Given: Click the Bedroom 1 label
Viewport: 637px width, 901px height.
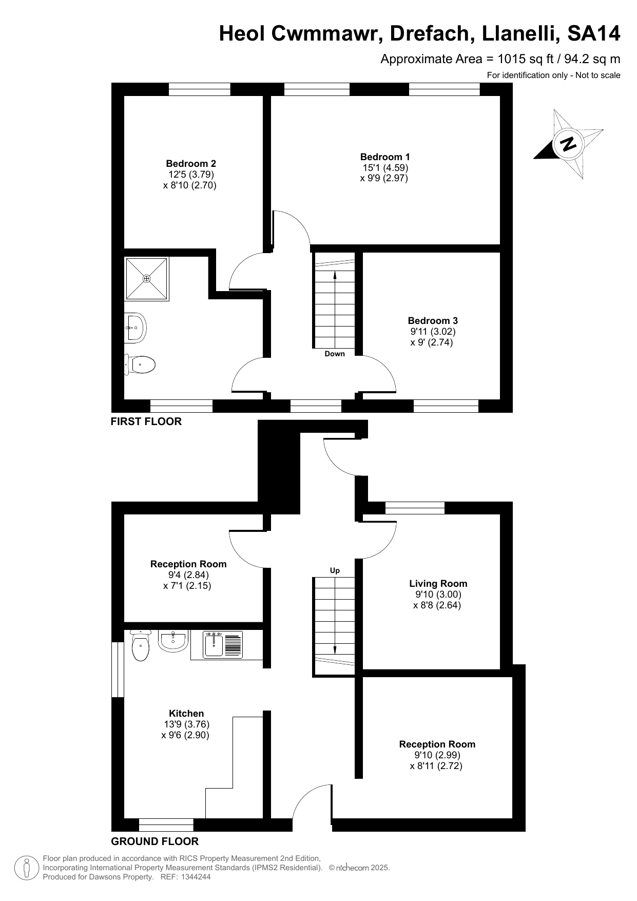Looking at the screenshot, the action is click(385, 157).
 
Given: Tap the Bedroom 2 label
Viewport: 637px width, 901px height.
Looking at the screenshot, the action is click(191, 164).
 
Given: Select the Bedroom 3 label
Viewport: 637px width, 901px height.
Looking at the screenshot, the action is click(433, 321).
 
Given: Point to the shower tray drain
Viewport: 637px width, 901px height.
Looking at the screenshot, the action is click(147, 278).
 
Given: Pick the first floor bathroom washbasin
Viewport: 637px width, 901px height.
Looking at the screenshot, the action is click(136, 328).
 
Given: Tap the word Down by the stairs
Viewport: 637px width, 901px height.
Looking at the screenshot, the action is click(335, 354).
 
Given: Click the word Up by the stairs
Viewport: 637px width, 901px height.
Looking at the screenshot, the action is click(335, 570).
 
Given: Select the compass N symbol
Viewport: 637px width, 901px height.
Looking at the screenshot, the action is click(568, 144).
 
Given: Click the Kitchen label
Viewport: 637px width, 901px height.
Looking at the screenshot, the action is click(186, 714).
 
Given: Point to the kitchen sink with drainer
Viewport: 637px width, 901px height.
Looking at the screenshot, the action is click(223, 645).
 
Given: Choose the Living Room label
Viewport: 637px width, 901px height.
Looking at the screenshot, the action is click(438, 584).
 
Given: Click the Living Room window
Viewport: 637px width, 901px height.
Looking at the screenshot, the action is click(415, 508).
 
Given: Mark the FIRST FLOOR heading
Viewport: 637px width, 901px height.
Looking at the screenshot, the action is click(146, 421).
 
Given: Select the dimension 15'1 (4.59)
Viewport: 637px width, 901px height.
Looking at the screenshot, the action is click(385, 168).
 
